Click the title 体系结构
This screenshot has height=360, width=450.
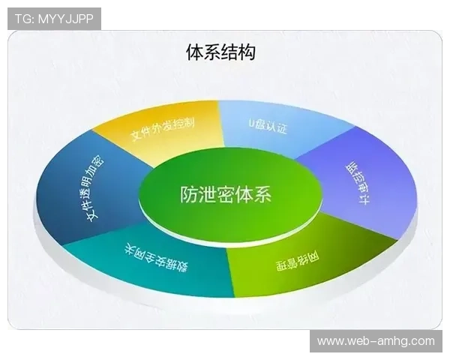(220, 52)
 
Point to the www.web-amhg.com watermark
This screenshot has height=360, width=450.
(376, 341)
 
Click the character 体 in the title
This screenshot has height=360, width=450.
(194, 52)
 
